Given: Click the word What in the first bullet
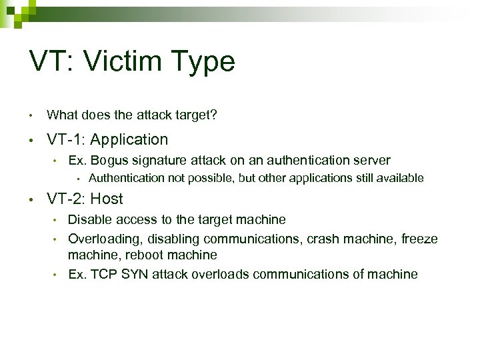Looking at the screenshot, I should pyautogui.click(x=61, y=115).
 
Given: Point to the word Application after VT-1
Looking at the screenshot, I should pyautogui.click(x=129, y=139).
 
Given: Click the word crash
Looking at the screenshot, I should pyautogui.click(x=321, y=238).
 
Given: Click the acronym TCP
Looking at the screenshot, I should pyautogui.click(x=99, y=274).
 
